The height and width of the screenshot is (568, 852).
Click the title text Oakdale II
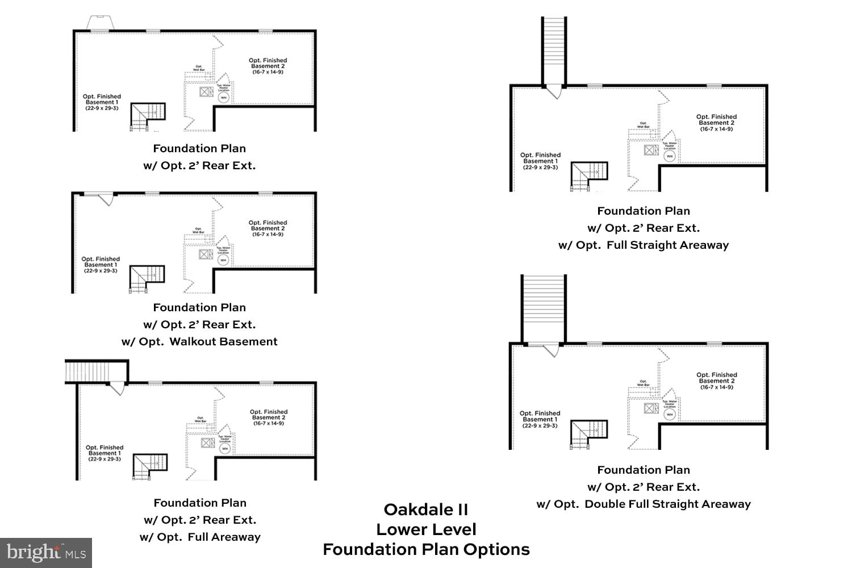click(x=425, y=509)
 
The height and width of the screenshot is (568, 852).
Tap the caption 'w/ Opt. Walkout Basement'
click(x=199, y=341)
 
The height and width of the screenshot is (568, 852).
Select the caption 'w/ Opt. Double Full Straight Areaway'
click(x=644, y=504)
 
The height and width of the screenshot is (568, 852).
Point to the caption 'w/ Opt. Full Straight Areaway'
click(x=644, y=245)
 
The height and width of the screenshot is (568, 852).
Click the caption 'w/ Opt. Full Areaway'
click(x=200, y=537)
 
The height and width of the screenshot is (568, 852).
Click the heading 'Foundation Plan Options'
click(x=426, y=549)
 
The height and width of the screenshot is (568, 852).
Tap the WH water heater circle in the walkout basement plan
click(x=223, y=260)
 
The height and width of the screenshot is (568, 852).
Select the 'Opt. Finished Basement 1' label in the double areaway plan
click(x=540, y=419)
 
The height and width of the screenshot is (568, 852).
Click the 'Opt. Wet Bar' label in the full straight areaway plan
click(x=643, y=125)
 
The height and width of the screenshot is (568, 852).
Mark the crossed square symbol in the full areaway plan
click(x=208, y=442)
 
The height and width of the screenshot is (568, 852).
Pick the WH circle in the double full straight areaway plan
click(x=670, y=415)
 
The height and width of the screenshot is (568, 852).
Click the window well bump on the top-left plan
click(x=101, y=23)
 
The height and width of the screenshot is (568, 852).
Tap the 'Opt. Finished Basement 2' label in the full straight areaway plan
click(x=716, y=123)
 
